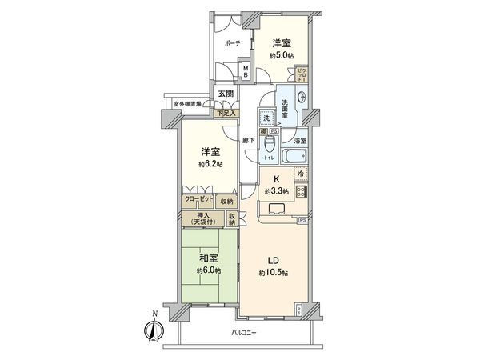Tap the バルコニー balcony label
click(x=244, y=332)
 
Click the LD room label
click(x=273, y=260)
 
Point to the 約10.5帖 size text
click(x=273, y=274)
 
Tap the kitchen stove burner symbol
click(x=301, y=191)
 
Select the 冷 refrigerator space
click(x=301, y=174)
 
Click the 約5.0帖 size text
click(x=282, y=56)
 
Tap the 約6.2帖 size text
click(x=211, y=163)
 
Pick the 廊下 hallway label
click(x=250, y=141)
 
